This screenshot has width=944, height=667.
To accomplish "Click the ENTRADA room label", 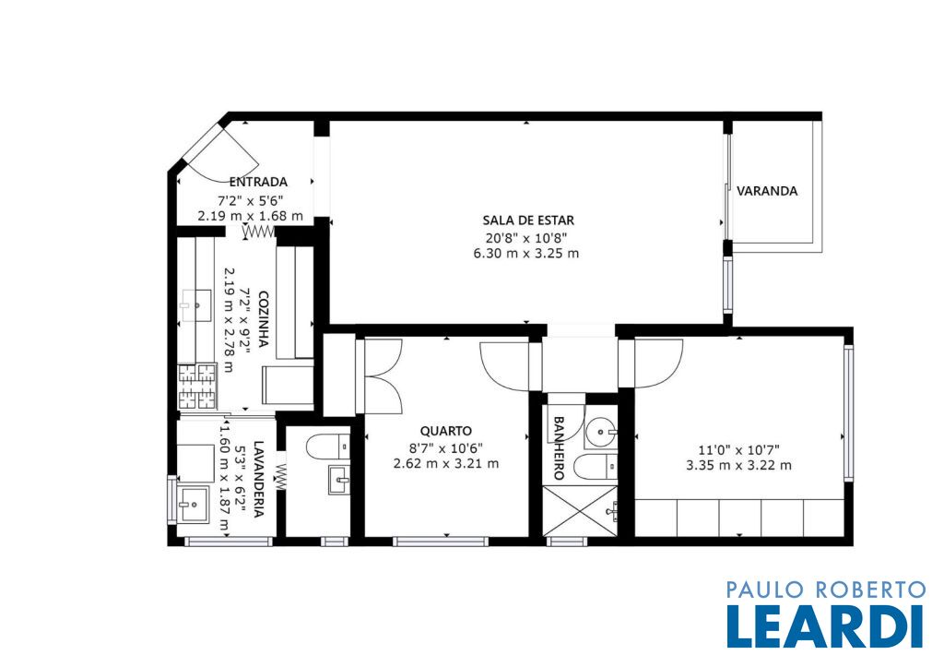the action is [258, 182].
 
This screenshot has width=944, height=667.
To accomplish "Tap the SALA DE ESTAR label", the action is [528, 220].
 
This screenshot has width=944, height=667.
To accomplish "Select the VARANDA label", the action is [767, 191].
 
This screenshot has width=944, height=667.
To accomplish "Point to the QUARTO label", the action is [445, 431].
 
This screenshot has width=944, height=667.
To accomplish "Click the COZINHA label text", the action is [263, 319].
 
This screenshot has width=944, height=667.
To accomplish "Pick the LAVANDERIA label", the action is [259, 479].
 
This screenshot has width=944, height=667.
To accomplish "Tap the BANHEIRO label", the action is [558, 447].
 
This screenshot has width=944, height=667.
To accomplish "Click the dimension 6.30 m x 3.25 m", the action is [526, 253].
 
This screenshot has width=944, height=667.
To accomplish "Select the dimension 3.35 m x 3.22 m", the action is [738, 465].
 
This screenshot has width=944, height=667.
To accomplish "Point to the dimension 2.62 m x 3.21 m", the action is [445, 464].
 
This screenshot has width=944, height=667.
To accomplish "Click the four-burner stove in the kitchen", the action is [197, 387].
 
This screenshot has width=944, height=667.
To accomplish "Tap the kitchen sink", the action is [197, 306].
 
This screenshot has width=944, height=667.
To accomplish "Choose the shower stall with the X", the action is [580, 510].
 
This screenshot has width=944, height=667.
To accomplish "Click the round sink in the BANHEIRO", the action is [601, 432].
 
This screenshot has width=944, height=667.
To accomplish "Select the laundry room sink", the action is [193, 504].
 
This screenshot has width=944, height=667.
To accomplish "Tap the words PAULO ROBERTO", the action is [825, 590].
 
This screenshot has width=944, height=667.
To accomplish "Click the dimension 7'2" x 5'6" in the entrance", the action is [251, 200].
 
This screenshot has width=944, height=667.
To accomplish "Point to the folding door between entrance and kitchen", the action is [259, 232].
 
